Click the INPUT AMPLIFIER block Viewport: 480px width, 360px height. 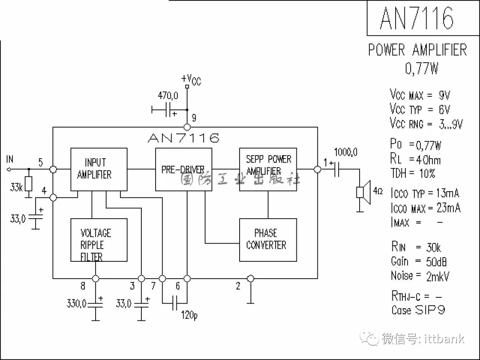pos(99,169)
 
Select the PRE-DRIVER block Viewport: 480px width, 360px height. pos(183,169)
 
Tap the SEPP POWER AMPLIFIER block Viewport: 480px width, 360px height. pos(268,169)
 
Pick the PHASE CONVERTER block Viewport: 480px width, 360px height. pos(268,240)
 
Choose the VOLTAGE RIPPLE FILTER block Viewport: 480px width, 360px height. pos(99,240)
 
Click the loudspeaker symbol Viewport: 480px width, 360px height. pos(363,192)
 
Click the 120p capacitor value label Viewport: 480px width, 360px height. pos(189,315)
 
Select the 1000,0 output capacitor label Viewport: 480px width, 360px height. pos(346,152)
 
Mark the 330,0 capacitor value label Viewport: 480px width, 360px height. pos(76,304)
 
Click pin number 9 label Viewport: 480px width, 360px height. pos(194,118)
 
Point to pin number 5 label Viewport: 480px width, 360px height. pos(40,163)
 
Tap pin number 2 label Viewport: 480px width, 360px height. pos(238,287)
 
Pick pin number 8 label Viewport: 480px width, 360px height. pos(83,287)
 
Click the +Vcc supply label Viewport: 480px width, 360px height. pos(191,80)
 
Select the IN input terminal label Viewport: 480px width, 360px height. pos(10,159)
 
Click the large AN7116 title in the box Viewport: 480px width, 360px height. pos(416,18)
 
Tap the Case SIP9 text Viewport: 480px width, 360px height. pos(418,310)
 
